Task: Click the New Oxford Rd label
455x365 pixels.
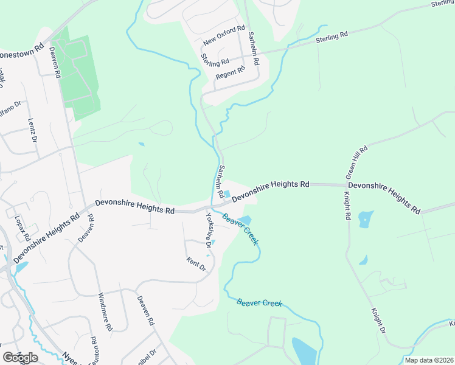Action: point(224,35)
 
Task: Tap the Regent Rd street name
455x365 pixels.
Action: point(230,72)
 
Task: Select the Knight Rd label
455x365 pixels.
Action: point(347,206)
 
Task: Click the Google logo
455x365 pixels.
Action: point(20,357)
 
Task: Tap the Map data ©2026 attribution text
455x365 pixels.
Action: point(428,360)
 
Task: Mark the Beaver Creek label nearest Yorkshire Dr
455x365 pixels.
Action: point(241,229)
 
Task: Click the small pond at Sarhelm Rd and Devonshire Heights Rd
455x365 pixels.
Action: point(226,194)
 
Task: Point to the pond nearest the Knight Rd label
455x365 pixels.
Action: point(366,219)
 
